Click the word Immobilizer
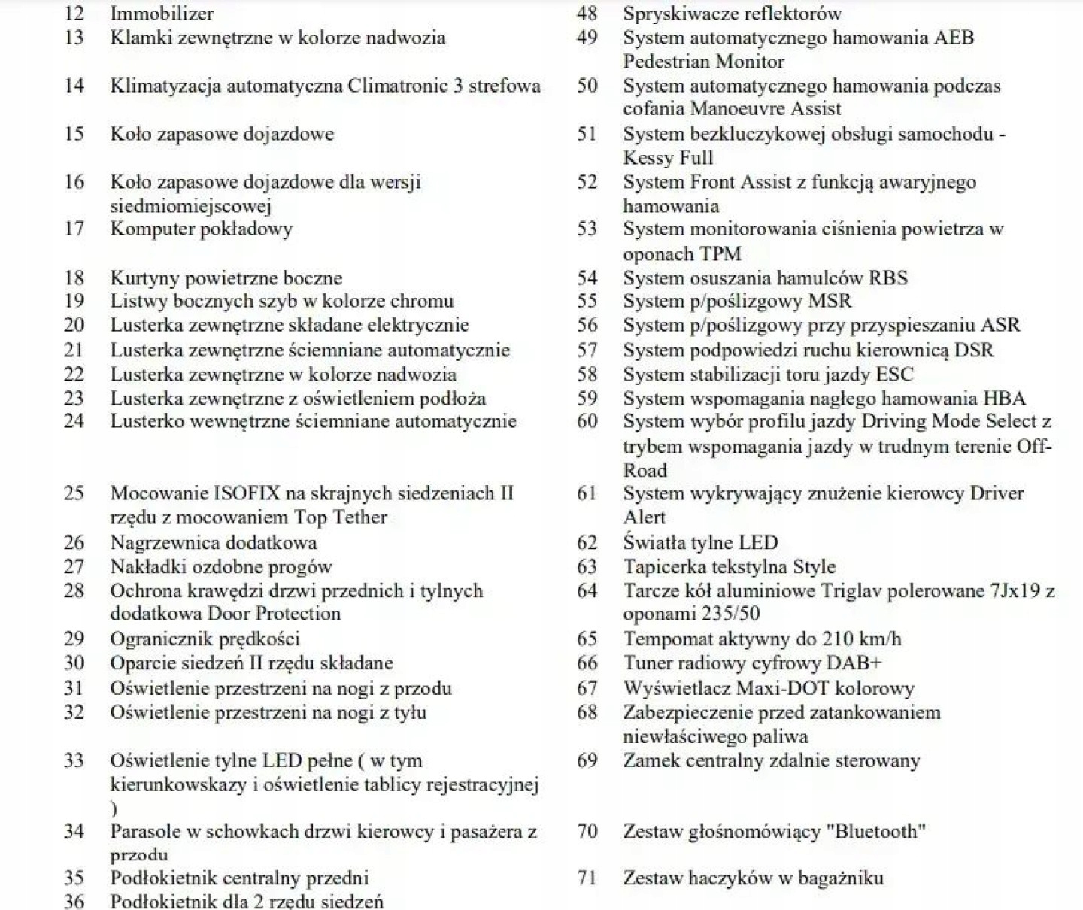[162, 14]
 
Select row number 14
[74, 85]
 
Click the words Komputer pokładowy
[201, 229]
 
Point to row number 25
[74, 493]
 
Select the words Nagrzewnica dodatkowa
[214, 542]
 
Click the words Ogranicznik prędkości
[205, 639]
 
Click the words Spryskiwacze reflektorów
[732, 14]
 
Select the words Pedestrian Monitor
[703, 61]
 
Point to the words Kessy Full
[668, 157]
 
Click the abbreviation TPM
[720, 253]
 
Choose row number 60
[587, 421]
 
